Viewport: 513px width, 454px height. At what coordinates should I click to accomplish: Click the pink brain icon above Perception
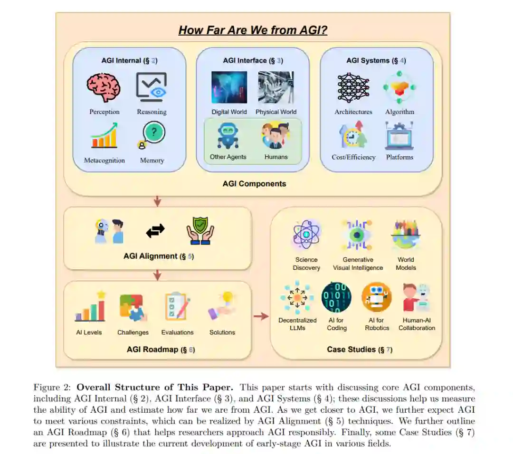(104, 87)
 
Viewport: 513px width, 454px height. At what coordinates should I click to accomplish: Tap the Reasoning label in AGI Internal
(152, 112)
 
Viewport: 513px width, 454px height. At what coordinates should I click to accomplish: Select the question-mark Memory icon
(152, 134)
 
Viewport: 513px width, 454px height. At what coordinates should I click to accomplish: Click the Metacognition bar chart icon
(104, 135)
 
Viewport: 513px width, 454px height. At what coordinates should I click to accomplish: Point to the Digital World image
(229, 87)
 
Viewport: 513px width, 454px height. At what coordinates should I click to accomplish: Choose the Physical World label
(276, 112)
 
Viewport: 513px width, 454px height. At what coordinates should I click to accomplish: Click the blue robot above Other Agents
(228, 135)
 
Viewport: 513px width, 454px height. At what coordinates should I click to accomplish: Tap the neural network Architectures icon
(353, 88)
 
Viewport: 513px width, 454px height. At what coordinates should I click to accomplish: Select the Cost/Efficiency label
(353, 157)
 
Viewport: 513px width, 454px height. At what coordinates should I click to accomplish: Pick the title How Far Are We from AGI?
(253, 30)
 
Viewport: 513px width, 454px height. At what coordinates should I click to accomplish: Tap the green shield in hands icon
(200, 231)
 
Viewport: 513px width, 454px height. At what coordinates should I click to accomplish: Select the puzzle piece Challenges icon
(133, 308)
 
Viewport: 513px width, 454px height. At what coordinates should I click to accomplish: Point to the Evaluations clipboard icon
(177, 307)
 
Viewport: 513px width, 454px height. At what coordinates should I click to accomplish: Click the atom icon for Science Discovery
(306, 235)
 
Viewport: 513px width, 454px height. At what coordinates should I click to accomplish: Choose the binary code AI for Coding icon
(336, 297)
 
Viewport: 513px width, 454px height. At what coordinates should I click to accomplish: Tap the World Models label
(406, 264)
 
